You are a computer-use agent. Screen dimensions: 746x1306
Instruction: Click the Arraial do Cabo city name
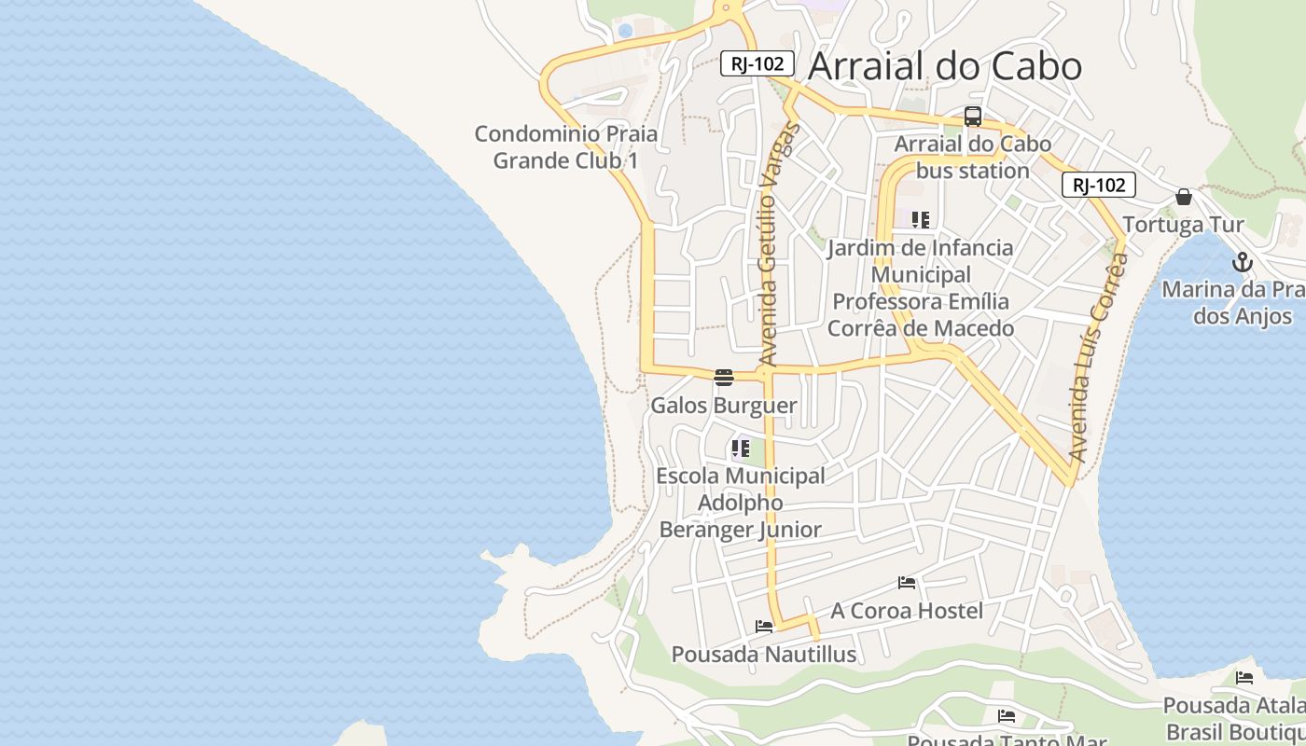[x=944, y=66]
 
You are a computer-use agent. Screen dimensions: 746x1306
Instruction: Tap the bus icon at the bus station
[x=972, y=117]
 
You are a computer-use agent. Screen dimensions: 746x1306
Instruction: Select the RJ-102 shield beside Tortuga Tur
[x=1098, y=185]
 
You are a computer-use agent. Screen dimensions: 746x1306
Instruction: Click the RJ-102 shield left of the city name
[x=757, y=63]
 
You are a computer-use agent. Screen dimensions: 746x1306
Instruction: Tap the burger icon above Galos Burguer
[x=724, y=378]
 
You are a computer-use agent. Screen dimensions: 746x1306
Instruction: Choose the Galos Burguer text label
[x=724, y=406]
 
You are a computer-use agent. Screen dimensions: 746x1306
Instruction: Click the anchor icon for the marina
[x=1241, y=262]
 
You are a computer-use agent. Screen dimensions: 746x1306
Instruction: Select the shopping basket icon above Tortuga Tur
[x=1184, y=197]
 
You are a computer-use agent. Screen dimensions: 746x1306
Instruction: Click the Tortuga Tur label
[x=1183, y=225]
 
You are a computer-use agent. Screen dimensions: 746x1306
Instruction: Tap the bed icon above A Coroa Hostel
[x=907, y=583]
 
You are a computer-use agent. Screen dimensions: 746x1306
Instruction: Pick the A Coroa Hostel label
[x=907, y=611]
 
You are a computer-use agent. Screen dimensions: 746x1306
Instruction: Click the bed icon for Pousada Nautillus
[x=764, y=627]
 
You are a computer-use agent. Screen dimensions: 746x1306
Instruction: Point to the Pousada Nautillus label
[x=764, y=655]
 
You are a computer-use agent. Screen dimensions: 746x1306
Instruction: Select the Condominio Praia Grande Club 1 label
[x=566, y=147]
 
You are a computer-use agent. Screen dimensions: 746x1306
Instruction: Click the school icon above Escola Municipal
[x=741, y=449]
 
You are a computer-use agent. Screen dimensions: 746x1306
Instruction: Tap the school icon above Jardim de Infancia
[x=921, y=220]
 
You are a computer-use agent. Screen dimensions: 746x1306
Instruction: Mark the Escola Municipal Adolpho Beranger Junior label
[x=741, y=503]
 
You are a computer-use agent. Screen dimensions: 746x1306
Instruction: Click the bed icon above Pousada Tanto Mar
[x=1007, y=716]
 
